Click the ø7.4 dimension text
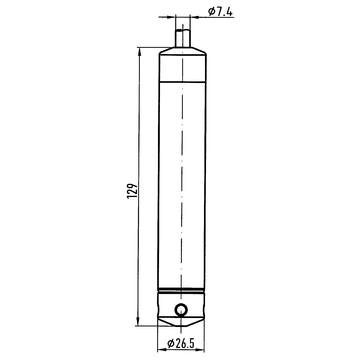click(x=220, y=11)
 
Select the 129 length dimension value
click(x=132, y=191)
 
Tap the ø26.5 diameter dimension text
click(x=181, y=343)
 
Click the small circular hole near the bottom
click(x=181, y=310)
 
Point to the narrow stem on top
click(x=183, y=38)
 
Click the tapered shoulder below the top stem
click(x=182, y=51)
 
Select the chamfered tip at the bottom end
click(x=181, y=321)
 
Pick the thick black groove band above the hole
click(x=181, y=290)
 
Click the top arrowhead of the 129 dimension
click(x=139, y=51)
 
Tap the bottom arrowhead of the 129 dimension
click(x=138, y=322)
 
